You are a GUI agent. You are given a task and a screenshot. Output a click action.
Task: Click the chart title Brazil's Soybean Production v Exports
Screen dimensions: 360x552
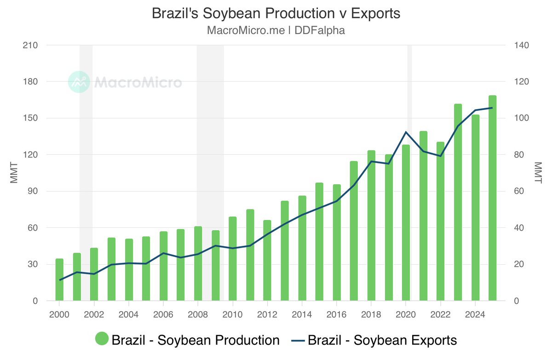tap(276, 14)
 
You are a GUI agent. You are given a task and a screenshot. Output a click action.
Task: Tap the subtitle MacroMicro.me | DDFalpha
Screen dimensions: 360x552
tap(276, 31)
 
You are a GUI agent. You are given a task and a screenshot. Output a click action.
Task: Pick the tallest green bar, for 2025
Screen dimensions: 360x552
tap(492, 198)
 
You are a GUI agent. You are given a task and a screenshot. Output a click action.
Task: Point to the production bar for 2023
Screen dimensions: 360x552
tap(458, 203)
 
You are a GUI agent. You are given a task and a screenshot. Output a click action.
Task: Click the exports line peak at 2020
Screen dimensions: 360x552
tap(406, 132)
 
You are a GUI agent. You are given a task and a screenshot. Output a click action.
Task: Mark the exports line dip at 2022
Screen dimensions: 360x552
tap(440, 156)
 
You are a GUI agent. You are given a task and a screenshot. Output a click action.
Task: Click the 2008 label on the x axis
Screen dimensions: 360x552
tap(197, 315)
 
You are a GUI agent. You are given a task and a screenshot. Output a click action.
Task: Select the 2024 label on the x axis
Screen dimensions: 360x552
tap(475, 315)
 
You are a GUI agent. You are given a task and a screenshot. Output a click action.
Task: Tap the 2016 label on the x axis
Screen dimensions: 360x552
tap(336, 315)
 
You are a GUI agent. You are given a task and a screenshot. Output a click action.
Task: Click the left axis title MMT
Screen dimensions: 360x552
tap(14, 173)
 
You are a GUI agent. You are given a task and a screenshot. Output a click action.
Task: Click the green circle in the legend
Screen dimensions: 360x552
tap(102, 340)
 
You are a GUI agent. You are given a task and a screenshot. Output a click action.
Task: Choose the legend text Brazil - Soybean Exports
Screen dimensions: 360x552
tap(382, 340)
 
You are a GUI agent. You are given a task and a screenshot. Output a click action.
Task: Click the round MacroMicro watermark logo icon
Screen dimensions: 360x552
tap(79, 82)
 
